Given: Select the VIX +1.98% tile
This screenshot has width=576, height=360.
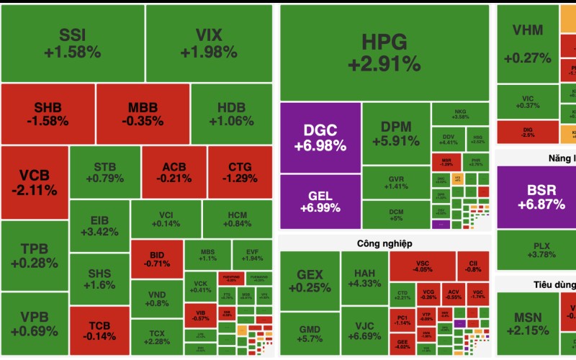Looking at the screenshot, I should (x=209, y=43).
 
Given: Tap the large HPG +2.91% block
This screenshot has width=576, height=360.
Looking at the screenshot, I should (x=384, y=52).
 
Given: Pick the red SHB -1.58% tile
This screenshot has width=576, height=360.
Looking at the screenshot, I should (x=48, y=114).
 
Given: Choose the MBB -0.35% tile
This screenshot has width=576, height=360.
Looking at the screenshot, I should (x=143, y=114).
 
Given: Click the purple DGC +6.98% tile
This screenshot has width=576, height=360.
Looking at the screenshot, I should (x=320, y=137).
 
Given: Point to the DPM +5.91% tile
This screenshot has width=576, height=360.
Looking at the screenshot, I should (x=396, y=133).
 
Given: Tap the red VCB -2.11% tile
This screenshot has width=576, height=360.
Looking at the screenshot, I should (x=35, y=182).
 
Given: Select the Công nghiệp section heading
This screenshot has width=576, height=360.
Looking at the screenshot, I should (x=384, y=243).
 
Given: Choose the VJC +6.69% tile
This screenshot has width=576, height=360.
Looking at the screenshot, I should (x=363, y=329).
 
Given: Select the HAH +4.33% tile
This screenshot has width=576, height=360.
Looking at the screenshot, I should (x=363, y=278).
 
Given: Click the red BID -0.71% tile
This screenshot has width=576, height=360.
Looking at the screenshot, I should (x=156, y=259).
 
